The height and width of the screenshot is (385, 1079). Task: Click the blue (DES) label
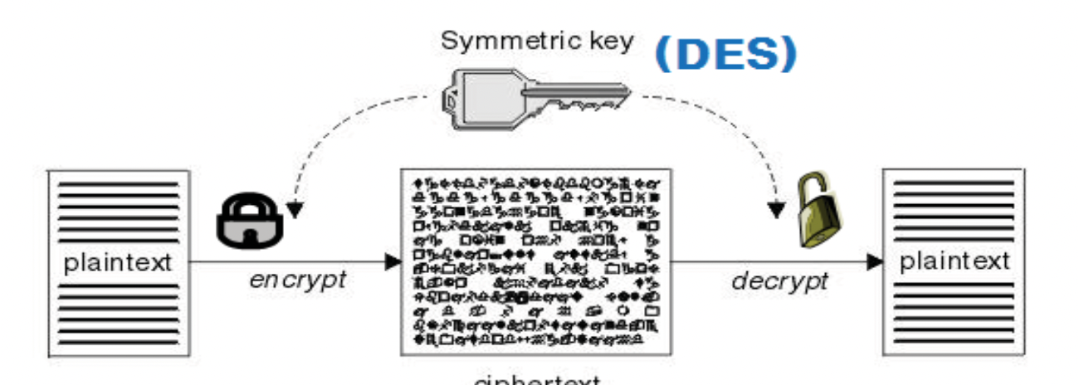tap(725, 53)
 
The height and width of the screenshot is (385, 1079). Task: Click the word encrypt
tap(297, 279)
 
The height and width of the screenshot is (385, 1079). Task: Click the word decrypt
tap(779, 280)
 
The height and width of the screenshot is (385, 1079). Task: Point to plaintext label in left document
tap(118, 263)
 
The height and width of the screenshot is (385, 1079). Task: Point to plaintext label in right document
tap(954, 262)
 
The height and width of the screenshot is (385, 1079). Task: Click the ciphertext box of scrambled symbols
tap(536, 261)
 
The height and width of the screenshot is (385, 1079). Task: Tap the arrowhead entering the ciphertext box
tap(393, 263)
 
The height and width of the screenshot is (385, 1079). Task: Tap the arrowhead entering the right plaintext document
tap(874, 263)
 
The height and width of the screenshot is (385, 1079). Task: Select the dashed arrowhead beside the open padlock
tap(776, 211)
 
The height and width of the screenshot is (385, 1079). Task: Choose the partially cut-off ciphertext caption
tap(536, 380)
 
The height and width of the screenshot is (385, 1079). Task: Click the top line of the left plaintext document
tap(118, 183)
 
